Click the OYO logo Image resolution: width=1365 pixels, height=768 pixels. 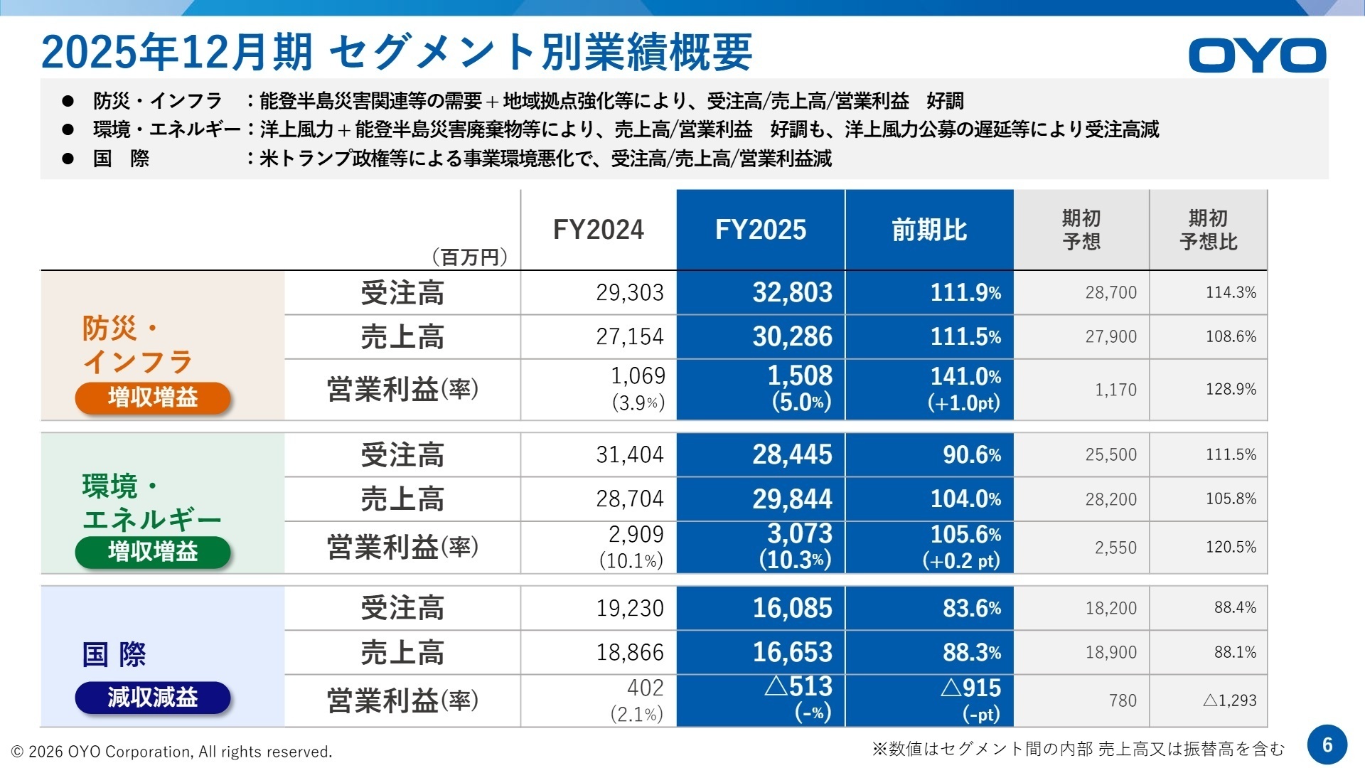[x=1256, y=55]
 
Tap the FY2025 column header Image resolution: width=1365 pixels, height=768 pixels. [x=760, y=230]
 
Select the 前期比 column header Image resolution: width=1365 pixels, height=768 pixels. [x=929, y=230]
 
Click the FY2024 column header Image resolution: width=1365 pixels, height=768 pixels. [x=598, y=230]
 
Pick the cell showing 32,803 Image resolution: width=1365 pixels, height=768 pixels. [x=792, y=292]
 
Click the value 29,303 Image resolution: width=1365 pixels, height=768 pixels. [x=629, y=292]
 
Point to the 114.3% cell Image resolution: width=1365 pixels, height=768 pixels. [x=1230, y=292]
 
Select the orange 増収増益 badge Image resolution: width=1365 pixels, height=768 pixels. [x=153, y=397]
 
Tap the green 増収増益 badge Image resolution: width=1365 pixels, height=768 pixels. [x=153, y=551]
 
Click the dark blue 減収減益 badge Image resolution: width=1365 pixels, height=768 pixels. [x=153, y=697]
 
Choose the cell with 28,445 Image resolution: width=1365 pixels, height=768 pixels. [x=792, y=454]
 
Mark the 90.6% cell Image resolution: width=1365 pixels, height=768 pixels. [x=971, y=454]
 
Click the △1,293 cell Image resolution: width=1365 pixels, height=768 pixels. [x=1229, y=700]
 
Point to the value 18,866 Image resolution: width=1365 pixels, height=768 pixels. [x=629, y=652]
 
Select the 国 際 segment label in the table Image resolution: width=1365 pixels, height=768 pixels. [x=114, y=654]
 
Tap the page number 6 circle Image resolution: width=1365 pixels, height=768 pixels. [x=1327, y=745]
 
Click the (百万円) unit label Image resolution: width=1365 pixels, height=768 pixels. [x=470, y=257]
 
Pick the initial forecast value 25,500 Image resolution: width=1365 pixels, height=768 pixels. [x=1110, y=454]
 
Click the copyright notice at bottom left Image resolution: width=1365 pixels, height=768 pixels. [x=171, y=752]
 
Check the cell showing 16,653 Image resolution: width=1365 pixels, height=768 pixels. [x=792, y=652]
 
